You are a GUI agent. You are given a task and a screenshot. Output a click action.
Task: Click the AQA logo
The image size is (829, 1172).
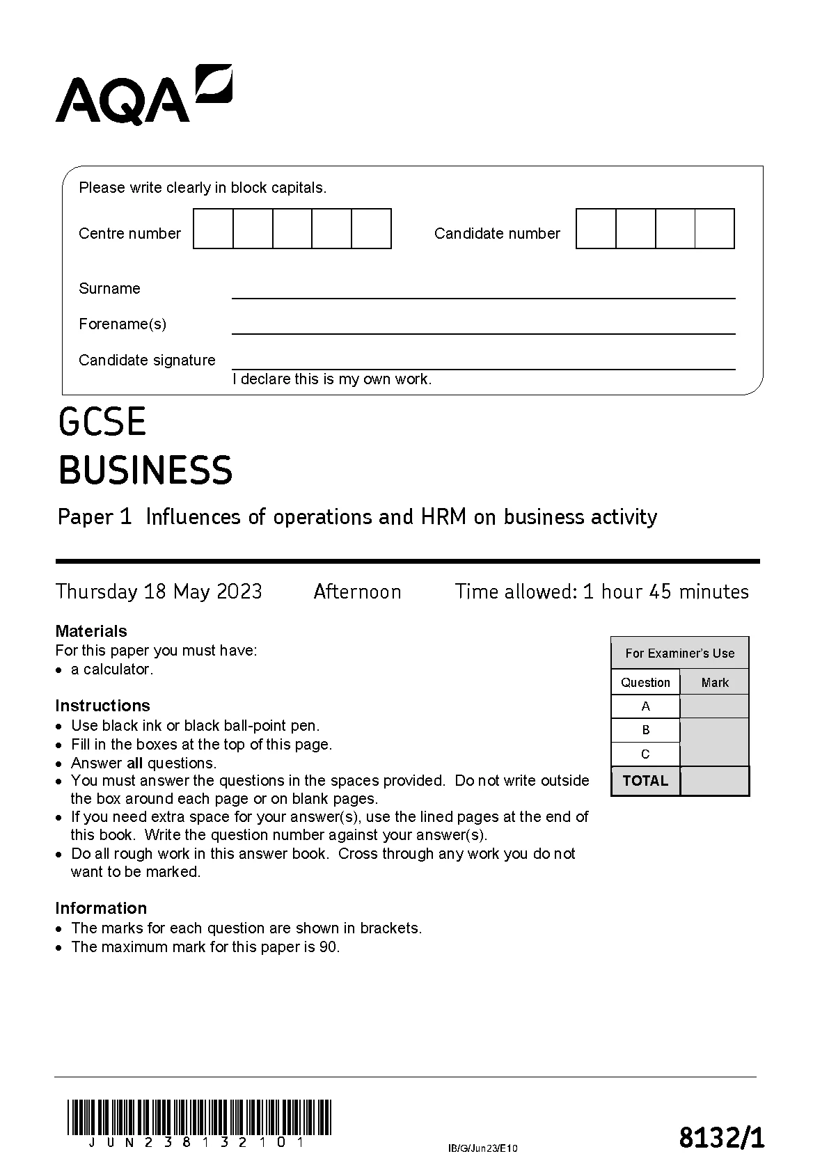pyautogui.click(x=143, y=95)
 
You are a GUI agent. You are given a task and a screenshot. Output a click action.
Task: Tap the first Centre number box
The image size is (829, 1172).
pyautogui.click(x=213, y=228)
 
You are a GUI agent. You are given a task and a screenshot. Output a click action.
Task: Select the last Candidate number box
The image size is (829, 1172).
pyautogui.click(x=714, y=228)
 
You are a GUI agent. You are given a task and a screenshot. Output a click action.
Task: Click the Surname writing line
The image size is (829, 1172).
pyautogui.click(x=483, y=292)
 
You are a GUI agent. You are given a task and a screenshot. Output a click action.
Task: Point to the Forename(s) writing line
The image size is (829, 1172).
pyautogui.click(x=483, y=328)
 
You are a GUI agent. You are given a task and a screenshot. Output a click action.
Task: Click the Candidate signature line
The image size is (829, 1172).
pyautogui.click(x=483, y=363)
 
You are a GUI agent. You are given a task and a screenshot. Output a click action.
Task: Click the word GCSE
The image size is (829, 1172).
pyautogui.click(x=102, y=422)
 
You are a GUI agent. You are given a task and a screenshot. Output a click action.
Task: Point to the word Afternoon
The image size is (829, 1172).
pyautogui.click(x=357, y=592)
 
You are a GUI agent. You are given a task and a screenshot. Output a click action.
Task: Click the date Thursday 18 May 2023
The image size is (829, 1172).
pyautogui.click(x=159, y=592)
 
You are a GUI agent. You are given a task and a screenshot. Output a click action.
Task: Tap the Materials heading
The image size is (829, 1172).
pyautogui.click(x=91, y=631)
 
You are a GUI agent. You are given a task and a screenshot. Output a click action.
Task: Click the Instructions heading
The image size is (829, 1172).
pyautogui.click(x=102, y=706)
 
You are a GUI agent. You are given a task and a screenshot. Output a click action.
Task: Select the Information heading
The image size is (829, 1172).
pyautogui.click(x=101, y=908)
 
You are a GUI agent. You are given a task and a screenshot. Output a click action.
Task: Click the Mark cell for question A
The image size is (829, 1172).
pyautogui.click(x=714, y=706)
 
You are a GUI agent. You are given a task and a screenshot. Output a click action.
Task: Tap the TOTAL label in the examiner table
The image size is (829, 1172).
pyautogui.click(x=645, y=781)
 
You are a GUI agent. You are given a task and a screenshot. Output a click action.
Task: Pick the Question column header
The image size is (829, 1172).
pyautogui.click(x=645, y=683)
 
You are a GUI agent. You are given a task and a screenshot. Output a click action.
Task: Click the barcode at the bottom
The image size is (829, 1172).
pyautogui.click(x=199, y=1116)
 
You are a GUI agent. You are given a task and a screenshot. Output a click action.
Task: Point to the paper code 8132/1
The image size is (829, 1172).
pyautogui.click(x=721, y=1139)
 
